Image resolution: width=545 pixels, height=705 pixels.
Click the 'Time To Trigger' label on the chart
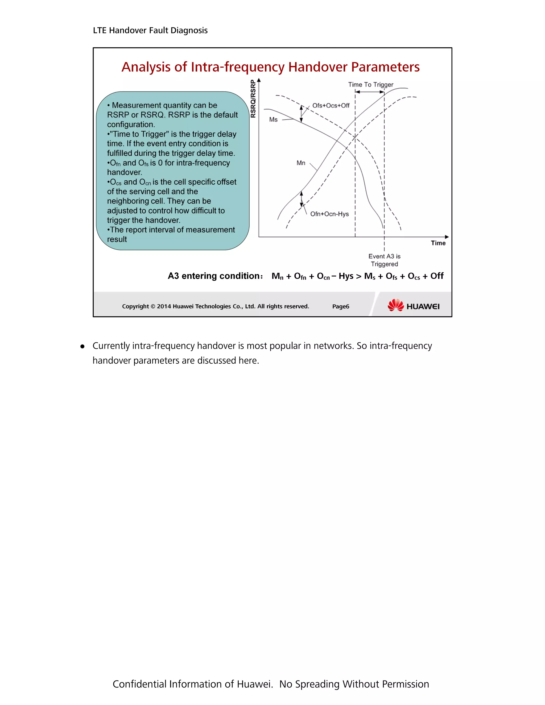[x=370, y=85]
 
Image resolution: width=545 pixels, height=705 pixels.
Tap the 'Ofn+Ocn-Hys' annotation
[x=329, y=214]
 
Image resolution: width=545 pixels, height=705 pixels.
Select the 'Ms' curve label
[x=273, y=120]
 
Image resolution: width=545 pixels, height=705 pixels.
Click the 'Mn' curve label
[x=301, y=163]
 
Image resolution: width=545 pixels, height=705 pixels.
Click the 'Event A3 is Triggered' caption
[x=384, y=260]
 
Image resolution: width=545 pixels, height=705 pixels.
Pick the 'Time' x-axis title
[x=438, y=243]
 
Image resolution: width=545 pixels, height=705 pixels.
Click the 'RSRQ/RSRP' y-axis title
[x=253, y=99]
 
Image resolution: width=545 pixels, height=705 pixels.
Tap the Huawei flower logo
[x=395, y=305]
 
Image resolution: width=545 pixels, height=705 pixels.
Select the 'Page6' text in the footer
[x=341, y=306]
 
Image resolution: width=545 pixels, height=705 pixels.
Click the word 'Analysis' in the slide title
[x=146, y=67]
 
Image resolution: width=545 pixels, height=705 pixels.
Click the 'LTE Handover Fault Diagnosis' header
[x=150, y=30]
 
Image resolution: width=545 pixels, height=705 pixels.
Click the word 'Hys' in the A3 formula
[x=346, y=276]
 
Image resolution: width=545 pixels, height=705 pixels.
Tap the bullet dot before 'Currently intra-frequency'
[x=82, y=347]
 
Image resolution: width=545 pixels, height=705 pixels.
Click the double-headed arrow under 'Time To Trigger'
[x=370, y=92]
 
